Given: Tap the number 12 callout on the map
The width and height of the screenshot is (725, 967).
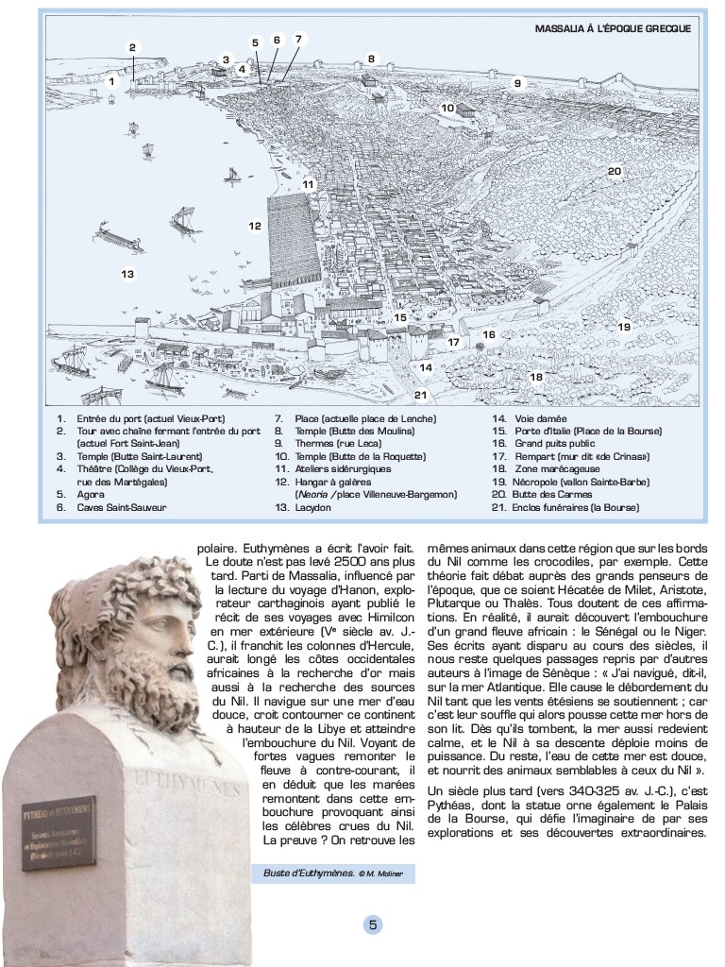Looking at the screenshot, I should pos(255,226).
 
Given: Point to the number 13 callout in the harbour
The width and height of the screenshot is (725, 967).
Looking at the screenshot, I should pos(127,274).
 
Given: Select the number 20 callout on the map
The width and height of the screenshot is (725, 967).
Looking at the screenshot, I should pos(614,171).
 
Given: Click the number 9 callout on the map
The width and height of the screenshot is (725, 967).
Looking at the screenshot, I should pos(517,83).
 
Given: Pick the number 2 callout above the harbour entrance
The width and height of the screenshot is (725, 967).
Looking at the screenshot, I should pos(133,47).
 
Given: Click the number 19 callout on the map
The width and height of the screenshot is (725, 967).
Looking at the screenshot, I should pos(624,327).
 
